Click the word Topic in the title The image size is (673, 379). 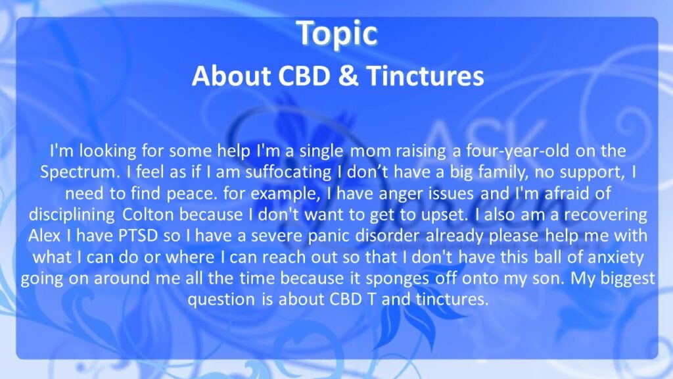[x=337, y=34]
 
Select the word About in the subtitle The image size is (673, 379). [x=231, y=76]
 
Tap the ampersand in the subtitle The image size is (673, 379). [x=348, y=76]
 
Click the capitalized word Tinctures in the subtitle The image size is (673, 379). [x=425, y=76]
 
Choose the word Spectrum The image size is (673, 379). [x=78, y=172]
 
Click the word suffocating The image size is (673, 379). [x=288, y=172]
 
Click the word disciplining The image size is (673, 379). [x=72, y=215]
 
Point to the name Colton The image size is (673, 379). [x=148, y=215]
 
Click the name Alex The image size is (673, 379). [x=44, y=236]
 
